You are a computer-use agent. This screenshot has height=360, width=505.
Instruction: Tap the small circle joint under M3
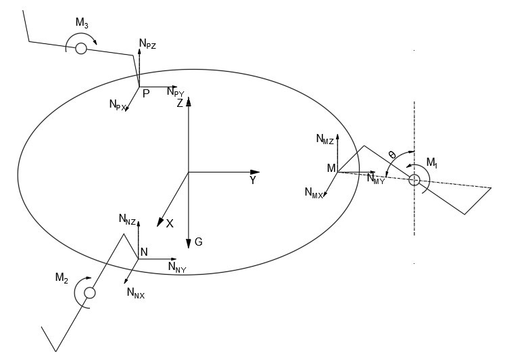tap(81, 48)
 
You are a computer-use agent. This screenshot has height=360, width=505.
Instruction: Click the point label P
tap(146, 95)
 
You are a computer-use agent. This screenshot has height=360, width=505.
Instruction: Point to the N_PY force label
tap(175, 93)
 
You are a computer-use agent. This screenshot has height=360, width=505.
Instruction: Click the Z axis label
tap(180, 104)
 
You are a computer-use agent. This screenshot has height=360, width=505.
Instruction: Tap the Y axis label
tap(253, 181)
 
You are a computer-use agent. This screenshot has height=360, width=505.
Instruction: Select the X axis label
tap(170, 223)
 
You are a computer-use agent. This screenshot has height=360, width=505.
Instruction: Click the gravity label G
tap(198, 241)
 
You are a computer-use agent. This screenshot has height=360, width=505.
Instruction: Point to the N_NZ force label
tap(127, 219)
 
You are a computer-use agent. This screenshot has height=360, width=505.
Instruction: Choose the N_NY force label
tap(177, 267)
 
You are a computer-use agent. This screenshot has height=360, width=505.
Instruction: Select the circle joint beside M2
tap(89, 292)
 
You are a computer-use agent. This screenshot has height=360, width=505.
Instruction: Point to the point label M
tap(331, 167)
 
